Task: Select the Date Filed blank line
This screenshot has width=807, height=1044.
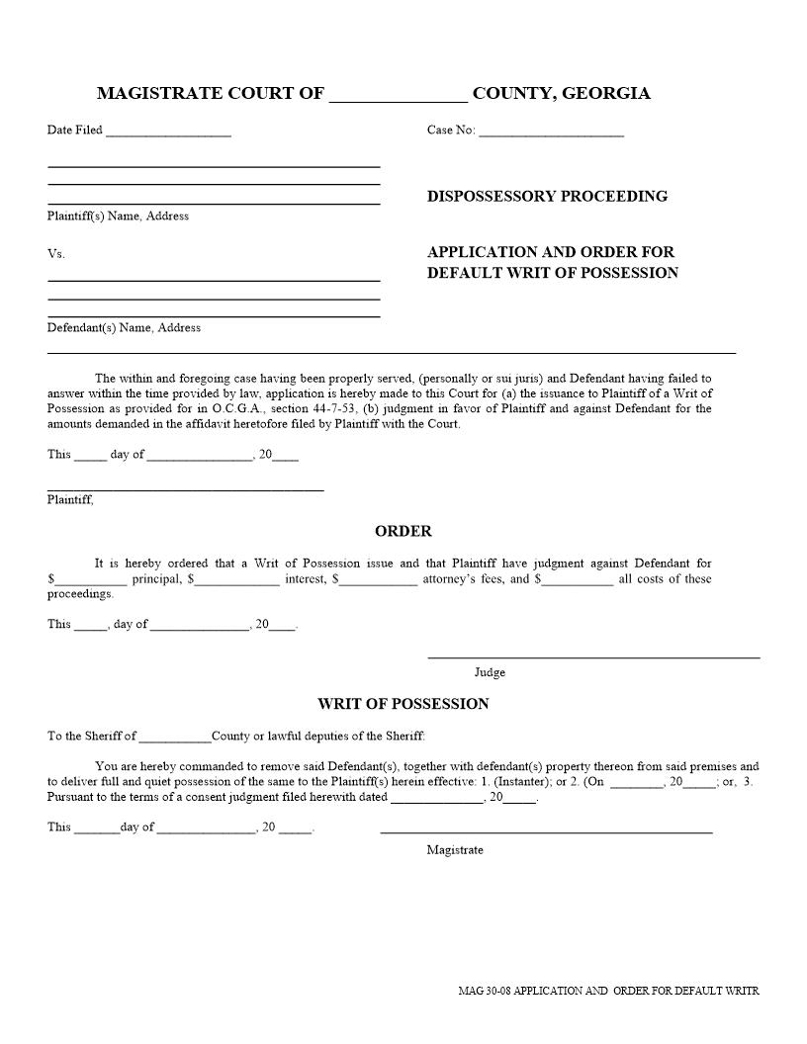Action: pos(168,131)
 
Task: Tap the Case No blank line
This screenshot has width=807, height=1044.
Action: pos(551,131)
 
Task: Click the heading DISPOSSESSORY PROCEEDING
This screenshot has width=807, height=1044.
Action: pos(547,196)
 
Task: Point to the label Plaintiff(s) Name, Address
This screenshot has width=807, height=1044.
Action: pos(118,216)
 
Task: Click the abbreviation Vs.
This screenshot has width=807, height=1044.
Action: pos(56,254)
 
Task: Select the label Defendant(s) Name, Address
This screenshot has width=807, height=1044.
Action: pos(124,327)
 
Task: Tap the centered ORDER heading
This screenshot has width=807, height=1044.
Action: pos(403,531)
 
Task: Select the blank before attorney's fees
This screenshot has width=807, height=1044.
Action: pos(378,580)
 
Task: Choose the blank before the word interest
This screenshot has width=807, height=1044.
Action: pos(236,580)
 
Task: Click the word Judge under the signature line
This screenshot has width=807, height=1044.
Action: pos(490,672)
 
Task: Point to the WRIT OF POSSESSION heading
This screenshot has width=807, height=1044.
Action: pos(403,704)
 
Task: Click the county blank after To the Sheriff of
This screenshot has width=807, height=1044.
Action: pos(175,738)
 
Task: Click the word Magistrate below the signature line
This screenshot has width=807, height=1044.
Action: pos(455,849)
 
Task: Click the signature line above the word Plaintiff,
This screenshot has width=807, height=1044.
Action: pos(185,489)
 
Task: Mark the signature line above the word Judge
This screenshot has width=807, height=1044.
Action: pos(593,656)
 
